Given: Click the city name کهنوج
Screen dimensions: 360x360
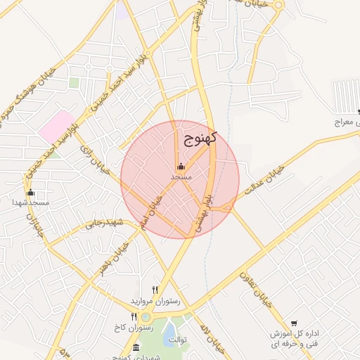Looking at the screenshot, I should coord(200,138).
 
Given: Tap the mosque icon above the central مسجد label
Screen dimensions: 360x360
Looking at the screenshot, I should coord(181,167).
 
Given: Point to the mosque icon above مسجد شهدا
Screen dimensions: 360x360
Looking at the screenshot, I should coord(30,192).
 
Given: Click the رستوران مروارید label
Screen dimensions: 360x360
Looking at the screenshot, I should coord(155,300).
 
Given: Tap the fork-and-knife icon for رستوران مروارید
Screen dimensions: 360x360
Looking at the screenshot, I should coord(155,290).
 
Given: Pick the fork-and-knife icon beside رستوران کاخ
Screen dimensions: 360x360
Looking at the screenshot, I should coord(134,317).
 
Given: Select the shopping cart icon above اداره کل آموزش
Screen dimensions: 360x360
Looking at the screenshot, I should coord(293,323).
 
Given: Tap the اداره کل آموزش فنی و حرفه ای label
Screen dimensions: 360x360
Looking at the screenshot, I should coord(293,338).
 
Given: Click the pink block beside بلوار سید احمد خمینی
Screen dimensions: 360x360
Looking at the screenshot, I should coord(56,125).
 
